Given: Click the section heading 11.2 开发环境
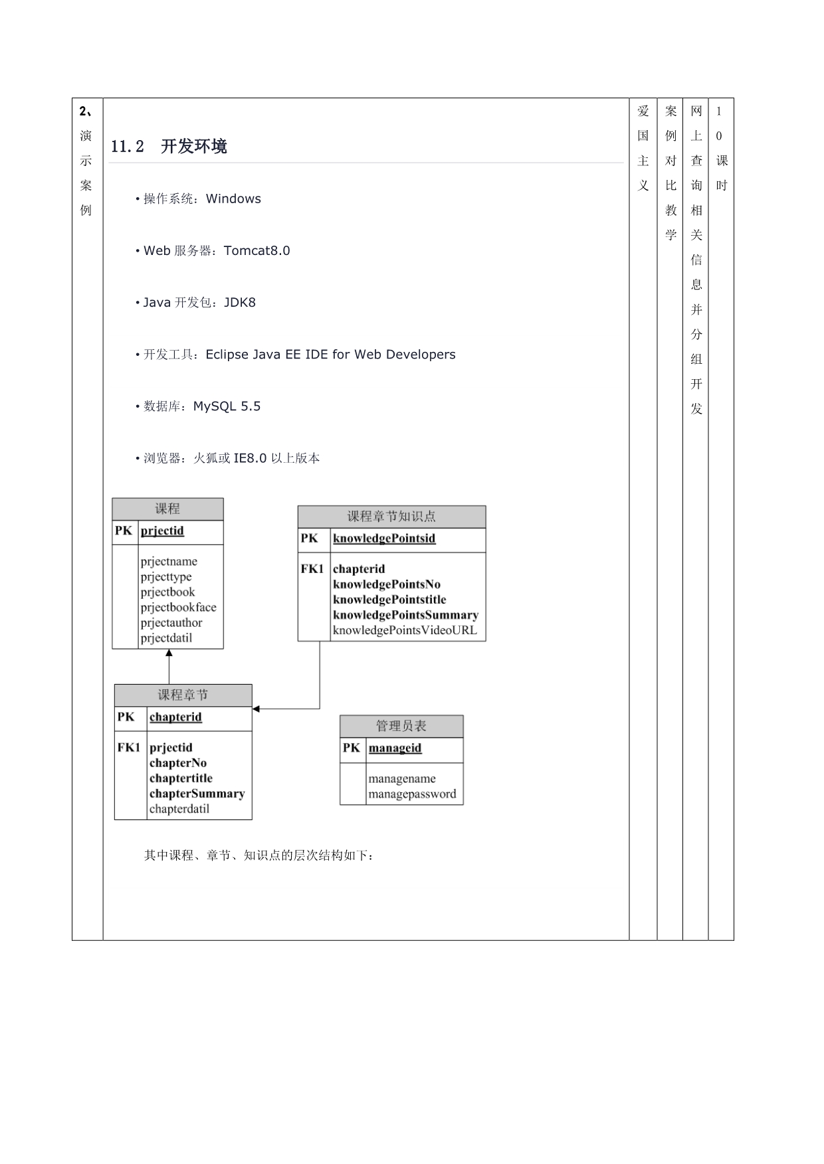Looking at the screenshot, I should point(169,147).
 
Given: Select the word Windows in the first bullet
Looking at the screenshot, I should point(233,199).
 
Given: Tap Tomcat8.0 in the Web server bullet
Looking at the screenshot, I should point(257,250).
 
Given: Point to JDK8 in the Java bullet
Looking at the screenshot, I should point(239,302).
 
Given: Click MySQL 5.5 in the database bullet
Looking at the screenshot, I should point(227,406).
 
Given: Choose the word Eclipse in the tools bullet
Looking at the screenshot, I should point(227,354).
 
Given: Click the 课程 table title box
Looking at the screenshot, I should point(167,509).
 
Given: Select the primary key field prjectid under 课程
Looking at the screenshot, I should point(162,531).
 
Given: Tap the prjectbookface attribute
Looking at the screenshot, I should point(178,607).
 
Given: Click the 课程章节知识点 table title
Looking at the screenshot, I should point(391,517).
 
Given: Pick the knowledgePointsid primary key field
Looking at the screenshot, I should point(384,538).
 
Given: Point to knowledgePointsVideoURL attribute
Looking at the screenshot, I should point(405,630).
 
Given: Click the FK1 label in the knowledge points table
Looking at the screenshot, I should point(312,569).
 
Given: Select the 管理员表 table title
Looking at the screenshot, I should point(401,726).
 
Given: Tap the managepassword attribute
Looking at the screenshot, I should point(412,793).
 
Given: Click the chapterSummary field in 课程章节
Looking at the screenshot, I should point(197,793).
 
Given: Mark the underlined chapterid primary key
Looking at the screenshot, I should point(175,716).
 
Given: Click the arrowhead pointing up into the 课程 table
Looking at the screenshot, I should point(169,654).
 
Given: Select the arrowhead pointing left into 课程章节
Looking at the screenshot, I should point(257,708).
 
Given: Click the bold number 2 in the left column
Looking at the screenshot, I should point(82,111).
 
